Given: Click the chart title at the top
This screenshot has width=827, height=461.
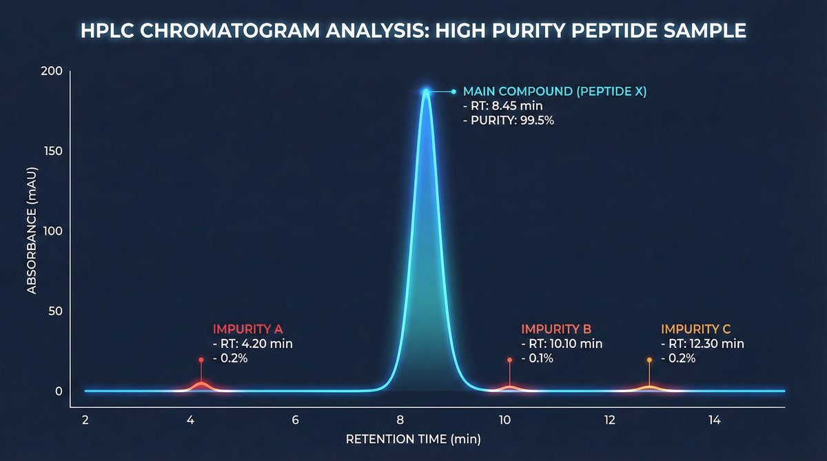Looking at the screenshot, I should [x=413, y=30].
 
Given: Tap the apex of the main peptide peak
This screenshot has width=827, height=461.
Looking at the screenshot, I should [x=426, y=90].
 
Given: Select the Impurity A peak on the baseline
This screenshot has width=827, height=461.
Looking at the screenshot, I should [x=201, y=385].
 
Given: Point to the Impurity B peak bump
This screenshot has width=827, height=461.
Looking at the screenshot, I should [x=509, y=387].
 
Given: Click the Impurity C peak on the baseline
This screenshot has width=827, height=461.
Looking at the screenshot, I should [x=649, y=387].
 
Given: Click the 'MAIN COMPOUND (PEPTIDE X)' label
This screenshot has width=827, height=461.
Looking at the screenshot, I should [x=555, y=91].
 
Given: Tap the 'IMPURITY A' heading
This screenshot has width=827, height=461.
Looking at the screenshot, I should [x=247, y=329].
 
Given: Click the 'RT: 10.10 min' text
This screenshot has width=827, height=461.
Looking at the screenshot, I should [x=562, y=344].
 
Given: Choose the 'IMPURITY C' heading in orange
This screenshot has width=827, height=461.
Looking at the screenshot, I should [x=695, y=329].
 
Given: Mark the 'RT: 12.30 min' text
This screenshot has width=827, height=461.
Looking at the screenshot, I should [x=702, y=344].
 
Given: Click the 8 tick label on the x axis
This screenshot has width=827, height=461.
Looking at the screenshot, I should [x=400, y=420].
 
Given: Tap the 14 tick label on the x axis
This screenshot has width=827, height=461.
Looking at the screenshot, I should [x=714, y=420].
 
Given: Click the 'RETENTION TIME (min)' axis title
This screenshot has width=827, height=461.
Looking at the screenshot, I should [x=413, y=439].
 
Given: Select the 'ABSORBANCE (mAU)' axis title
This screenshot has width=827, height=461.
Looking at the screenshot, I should [x=32, y=231].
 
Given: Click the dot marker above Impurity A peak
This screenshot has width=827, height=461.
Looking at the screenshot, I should [x=201, y=360].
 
